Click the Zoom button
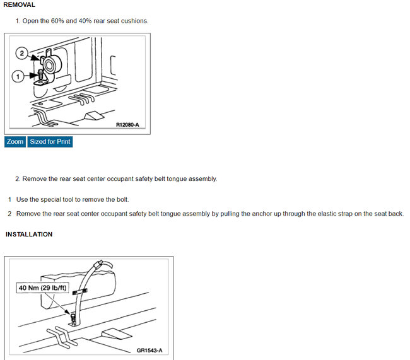tap(15, 142)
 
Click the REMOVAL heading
tap(20, 5)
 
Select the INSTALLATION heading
tap(29, 235)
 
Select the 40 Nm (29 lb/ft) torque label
tap(43, 288)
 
